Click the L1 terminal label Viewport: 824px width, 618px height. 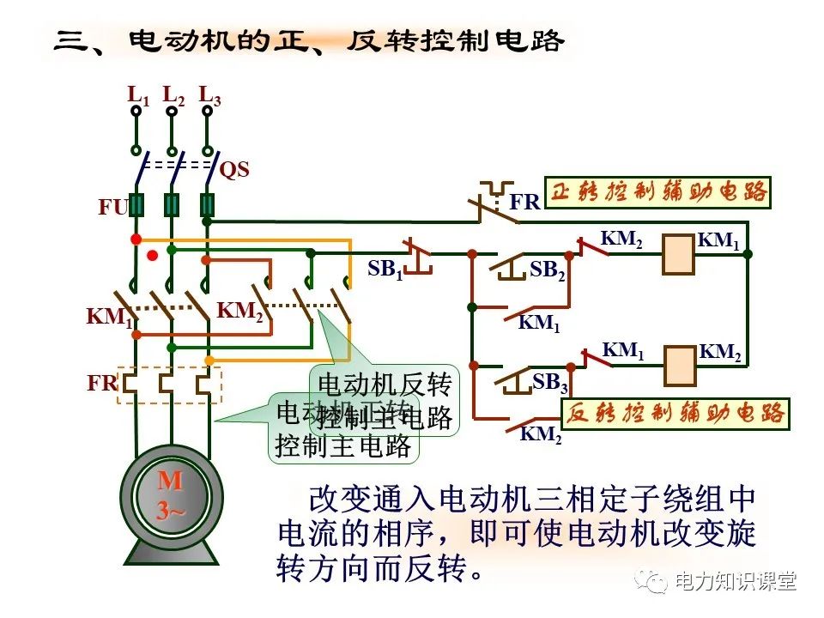tap(138, 95)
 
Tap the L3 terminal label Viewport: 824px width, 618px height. tap(209, 95)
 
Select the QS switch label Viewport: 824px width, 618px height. tap(234, 170)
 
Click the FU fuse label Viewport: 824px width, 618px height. tap(112, 207)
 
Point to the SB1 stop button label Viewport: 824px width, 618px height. tap(385, 270)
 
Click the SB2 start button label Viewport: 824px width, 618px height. tap(548, 270)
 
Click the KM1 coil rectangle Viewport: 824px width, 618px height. tap(678, 255)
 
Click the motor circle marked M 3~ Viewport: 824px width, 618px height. tap(171, 497)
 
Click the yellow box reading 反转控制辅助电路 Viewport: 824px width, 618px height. tap(676, 414)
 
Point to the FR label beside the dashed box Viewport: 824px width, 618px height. tap(102, 384)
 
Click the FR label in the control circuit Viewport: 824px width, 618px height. tap(524, 203)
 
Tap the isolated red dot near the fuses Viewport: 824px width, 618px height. tap(153, 255)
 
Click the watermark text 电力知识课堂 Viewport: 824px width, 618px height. tap(736, 582)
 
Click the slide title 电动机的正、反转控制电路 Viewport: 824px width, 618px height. tap(343, 40)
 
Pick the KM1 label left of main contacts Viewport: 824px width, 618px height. tap(109, 317)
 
